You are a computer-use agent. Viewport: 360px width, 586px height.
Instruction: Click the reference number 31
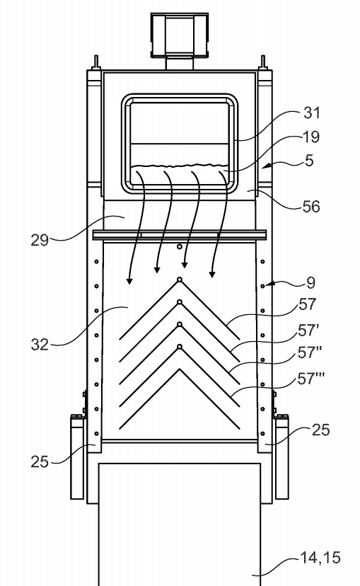pyautogui.click(x=311, y=113)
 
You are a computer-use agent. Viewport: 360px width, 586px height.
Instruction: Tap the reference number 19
pyautogui.click(x=310, y=137)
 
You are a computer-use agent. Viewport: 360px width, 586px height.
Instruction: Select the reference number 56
pyautogui.click(x=311, y=206)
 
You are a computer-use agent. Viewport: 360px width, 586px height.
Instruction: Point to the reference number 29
pyautogui.click(x=40, y=240)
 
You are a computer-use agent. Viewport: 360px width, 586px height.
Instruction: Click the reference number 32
pyautogui.click(x=40, y=345)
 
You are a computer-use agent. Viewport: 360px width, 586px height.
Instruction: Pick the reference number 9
pyautogui.click(x=310, y=283)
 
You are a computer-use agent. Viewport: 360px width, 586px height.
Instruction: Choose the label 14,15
pyautogui.click(x=320, y=558)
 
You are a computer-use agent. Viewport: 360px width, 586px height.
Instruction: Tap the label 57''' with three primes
pyautogui.click(x=310, y=379)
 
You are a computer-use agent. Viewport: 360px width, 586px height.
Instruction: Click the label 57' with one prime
pyautogui.click(x=308, y=331)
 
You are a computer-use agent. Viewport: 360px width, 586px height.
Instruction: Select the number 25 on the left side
pyautogui.click(x=40, y=462)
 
